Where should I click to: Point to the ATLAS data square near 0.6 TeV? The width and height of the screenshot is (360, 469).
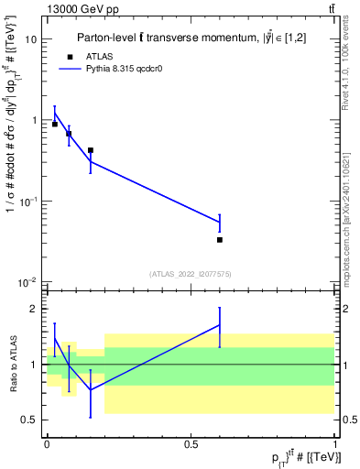click(220, 240)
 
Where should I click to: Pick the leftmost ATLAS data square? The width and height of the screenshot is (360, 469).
click(55, 124)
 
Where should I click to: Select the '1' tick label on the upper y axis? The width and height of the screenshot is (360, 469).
click(35, 121)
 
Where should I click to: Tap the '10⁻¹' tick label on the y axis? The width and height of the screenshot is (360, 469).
click(29, 201)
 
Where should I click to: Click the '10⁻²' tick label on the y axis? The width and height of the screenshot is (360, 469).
click(29, 281)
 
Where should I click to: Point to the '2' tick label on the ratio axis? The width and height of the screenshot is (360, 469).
click(36, 309)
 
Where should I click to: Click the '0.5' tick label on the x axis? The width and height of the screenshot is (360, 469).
click(191, 444)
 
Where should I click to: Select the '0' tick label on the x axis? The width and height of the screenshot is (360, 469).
click(47, 444)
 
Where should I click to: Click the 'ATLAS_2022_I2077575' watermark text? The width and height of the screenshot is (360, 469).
click(191, 274)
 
